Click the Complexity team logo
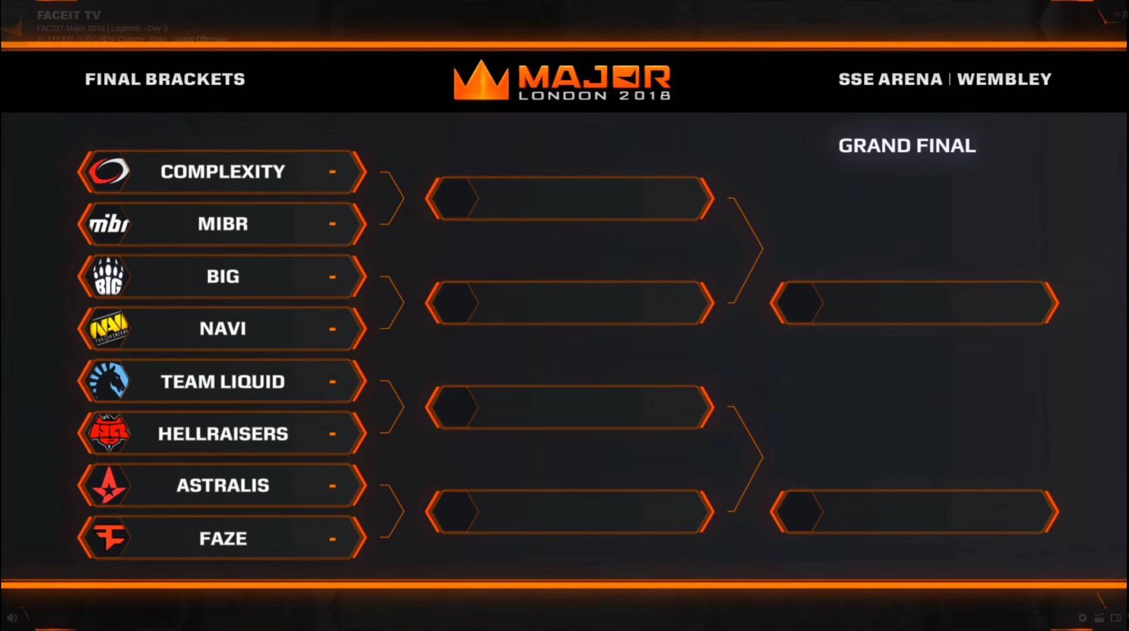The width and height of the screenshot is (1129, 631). [x=108, y=172]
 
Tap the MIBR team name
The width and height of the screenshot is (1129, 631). [x=223, y=224]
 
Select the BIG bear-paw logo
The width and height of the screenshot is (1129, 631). [x=108, y=276]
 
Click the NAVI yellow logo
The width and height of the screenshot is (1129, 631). [x=108, y=328]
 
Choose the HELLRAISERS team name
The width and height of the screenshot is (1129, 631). [x=223, y=434]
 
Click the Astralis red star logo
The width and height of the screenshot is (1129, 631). [x=108, y=486]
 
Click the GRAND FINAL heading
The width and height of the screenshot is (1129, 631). [x=906, y=146]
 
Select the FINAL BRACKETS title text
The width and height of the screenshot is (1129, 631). [x=165, y=79]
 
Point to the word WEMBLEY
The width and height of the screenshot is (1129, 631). [x=1004, y=79]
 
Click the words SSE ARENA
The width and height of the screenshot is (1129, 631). [x=890, y=79]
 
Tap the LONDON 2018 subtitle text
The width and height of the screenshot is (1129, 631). [x=594, y=95]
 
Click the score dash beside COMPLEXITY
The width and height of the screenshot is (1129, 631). [x=333, y=172]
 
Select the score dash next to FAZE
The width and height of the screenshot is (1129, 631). [x=333, y=539]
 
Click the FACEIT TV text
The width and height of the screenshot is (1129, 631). [x=69, y=15]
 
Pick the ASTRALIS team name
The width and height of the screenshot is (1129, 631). [x=223, y=486]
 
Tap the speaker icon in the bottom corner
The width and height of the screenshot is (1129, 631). [x=12, y=618]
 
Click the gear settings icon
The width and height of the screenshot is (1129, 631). [x=1082, y=618]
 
